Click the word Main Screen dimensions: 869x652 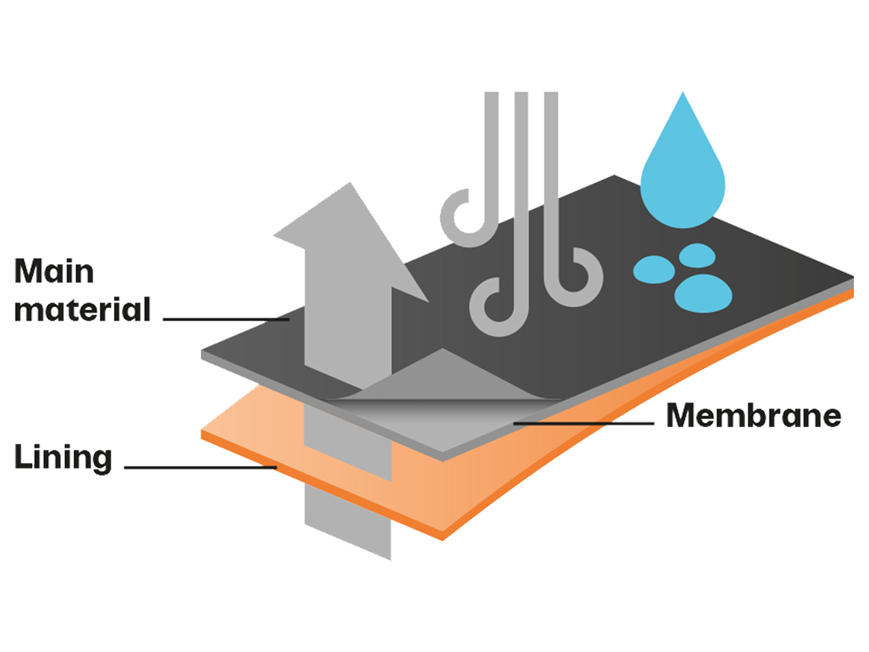point(54,272)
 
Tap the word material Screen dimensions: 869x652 point(82,309)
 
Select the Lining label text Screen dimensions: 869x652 point(63,458)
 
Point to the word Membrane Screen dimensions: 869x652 point(753,416)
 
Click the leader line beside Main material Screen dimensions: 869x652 point(226,319)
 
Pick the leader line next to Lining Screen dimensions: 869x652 point(200,468)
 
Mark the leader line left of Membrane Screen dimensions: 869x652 point(583,424)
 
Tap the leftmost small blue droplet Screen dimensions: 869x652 point(653,269)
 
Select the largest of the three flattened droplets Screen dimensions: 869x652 point(703,294)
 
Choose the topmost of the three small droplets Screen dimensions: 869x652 point(697,256)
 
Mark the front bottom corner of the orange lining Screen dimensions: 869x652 point(443,540)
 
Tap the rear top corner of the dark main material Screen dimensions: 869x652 point(614,175)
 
